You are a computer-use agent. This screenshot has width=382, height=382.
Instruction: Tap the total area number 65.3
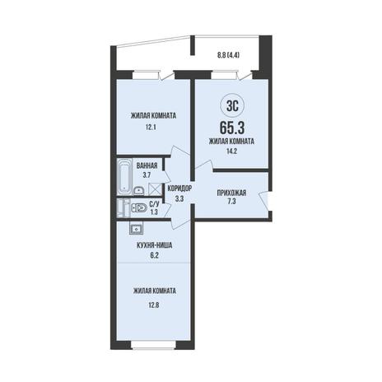[232, 128]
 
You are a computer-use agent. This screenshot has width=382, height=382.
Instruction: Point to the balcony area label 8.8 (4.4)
[228, 55]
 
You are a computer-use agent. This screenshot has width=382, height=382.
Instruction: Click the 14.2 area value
[231, 151]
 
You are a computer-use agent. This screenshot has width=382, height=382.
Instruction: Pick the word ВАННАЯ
[147, 165]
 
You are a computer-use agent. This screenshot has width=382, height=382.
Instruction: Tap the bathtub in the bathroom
[124, 176]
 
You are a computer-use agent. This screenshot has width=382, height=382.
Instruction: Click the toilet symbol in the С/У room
[139, 208]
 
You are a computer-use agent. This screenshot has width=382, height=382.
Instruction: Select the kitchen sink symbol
[136, 228]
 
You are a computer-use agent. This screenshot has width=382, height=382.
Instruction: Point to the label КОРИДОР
[179, 189]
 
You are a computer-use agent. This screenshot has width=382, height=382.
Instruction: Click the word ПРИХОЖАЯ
[231, 193]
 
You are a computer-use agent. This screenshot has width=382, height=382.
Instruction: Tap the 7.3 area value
[231, 202]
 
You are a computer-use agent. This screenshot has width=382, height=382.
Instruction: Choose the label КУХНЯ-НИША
[155, 246]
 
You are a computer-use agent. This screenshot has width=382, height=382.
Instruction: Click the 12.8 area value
[153, 305]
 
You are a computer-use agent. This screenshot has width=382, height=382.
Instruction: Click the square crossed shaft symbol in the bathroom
[154, 189]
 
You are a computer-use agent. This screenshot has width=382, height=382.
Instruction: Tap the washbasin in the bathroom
[139, 190]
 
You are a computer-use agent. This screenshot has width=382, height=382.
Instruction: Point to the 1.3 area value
[154, 212]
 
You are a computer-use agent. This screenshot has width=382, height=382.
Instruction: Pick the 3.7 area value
[147, 175]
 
